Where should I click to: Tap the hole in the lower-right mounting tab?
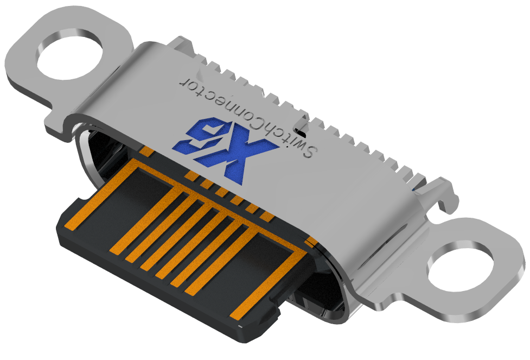461,268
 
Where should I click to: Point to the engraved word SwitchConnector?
244,113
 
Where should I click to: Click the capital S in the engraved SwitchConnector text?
308,151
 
